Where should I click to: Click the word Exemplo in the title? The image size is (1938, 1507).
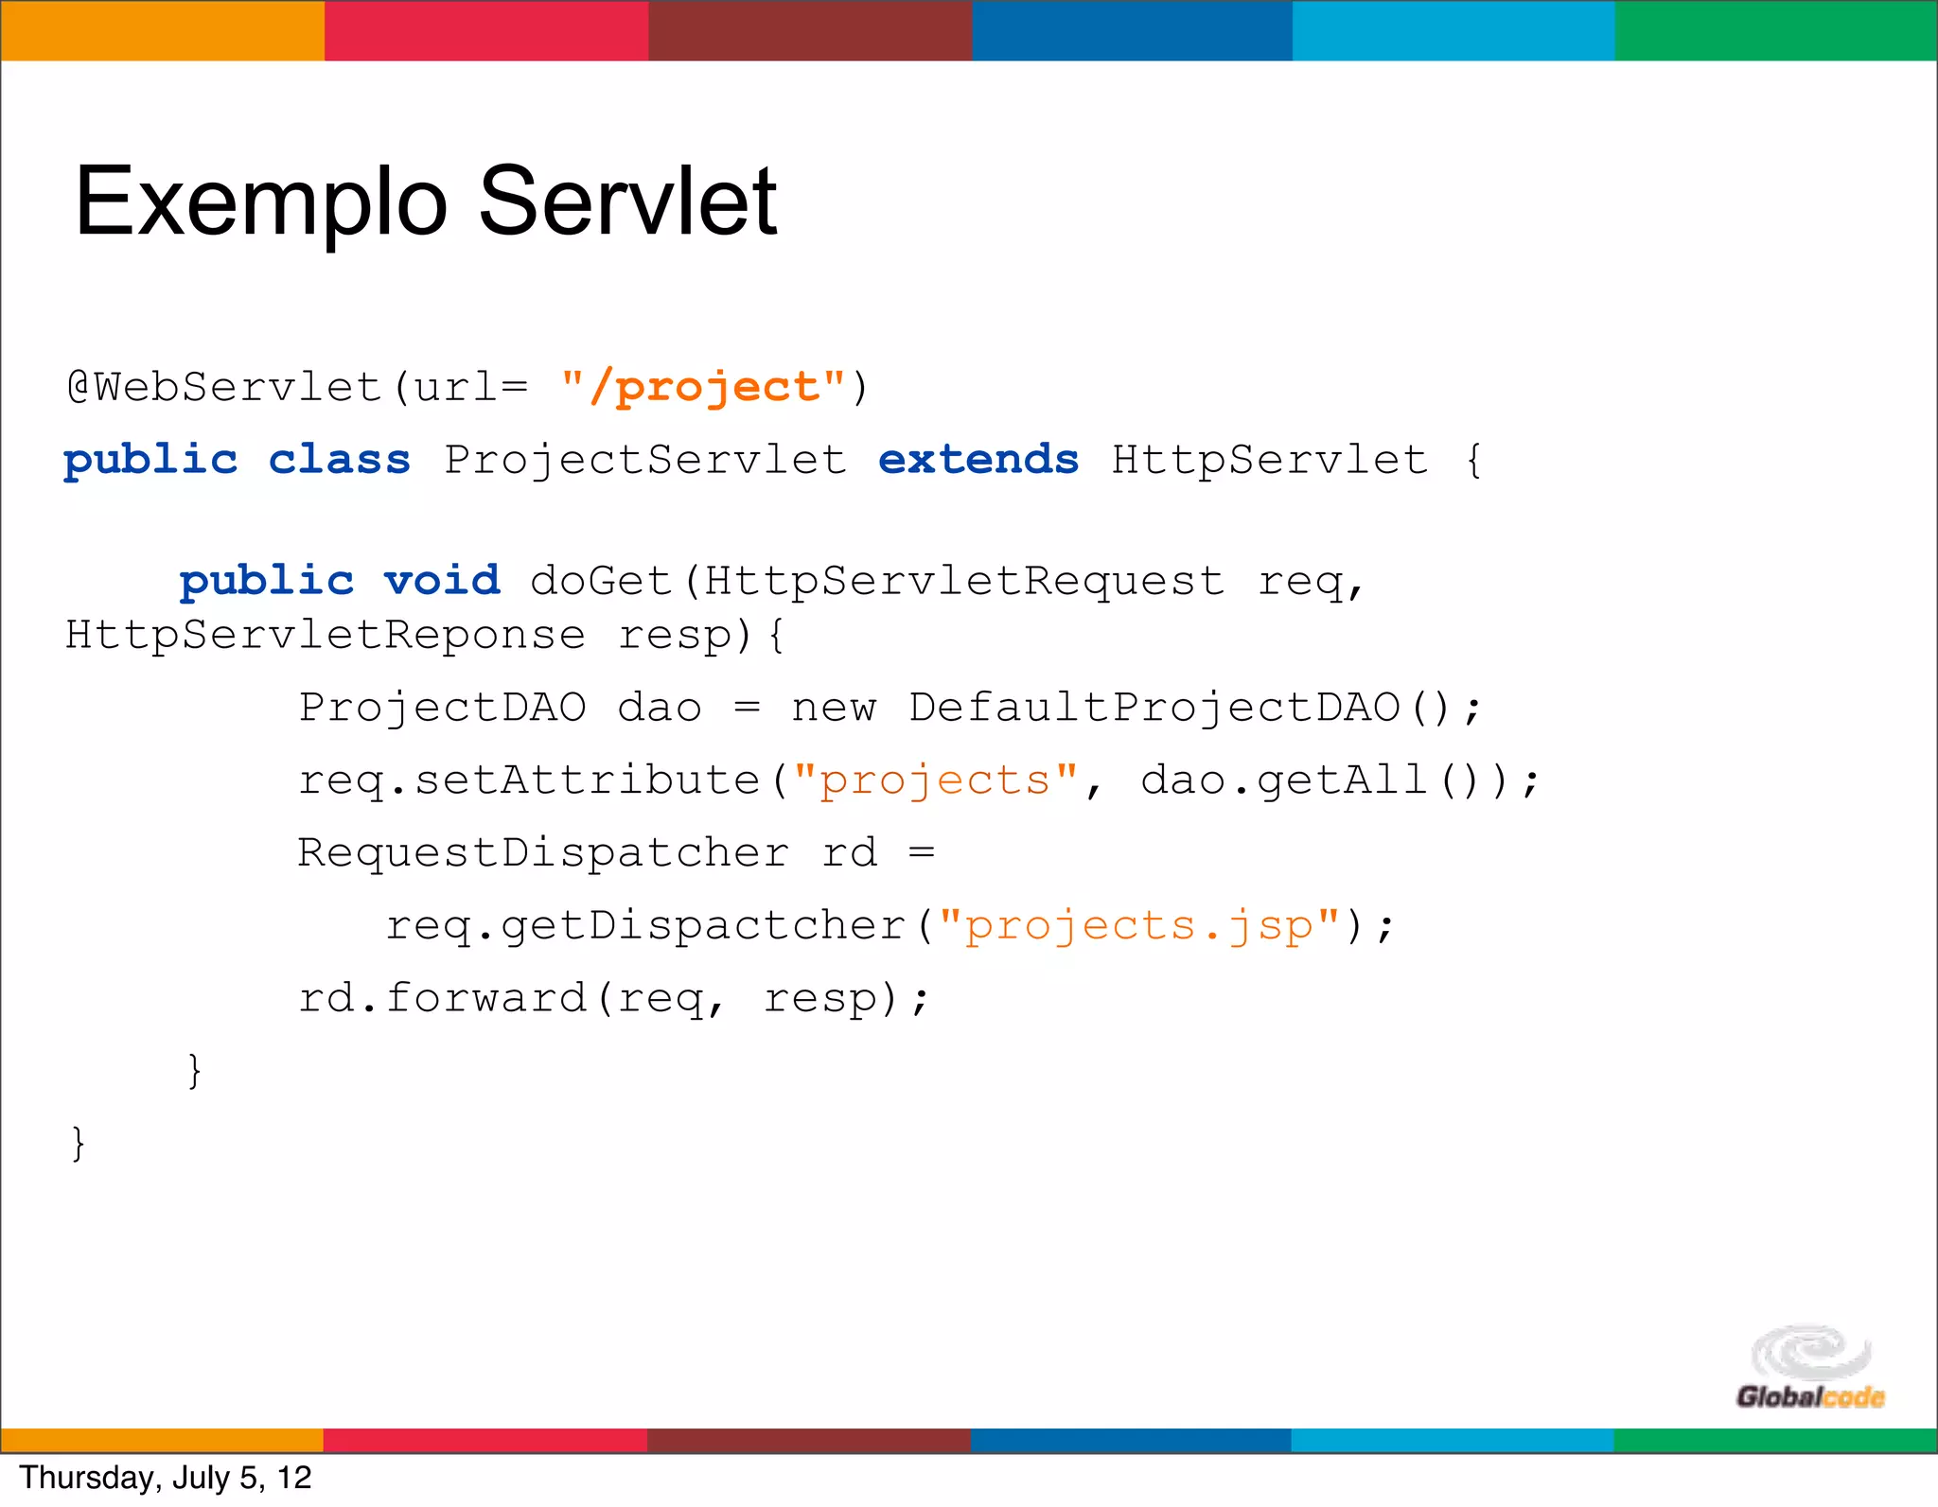[x=260, y=202]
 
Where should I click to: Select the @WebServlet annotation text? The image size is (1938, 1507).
[x=223, y=387]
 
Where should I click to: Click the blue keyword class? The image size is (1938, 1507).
[x=339, y=460]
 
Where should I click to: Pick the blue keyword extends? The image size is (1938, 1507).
[x=978, y=460]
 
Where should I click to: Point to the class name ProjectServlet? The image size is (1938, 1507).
[x=645, y=461]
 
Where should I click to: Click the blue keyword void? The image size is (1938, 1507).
[x=441, y=580]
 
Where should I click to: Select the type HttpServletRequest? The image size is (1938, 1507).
[x=964, y=580]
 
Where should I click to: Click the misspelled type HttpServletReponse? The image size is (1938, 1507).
[x=325, y=634]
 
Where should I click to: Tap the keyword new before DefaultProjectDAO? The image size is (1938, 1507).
[x=834, y=708]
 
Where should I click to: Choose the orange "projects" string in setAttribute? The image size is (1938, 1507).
[x=935, y=780]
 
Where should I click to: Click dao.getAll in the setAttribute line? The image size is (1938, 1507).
[x=1283, y=780]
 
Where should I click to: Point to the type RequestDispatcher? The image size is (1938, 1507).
[x=542, y=852]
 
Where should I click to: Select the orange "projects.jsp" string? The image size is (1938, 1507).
[x=1139, y=925]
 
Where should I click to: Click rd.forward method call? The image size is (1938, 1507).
[x=442, y=998]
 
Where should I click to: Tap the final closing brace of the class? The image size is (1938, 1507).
[x=79, y=1143]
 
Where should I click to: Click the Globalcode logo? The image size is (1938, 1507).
[x=1809, y=1367]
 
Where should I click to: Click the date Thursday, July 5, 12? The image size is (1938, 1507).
[x=166, y=1478]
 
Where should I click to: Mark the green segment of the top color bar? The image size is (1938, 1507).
[x=1775, y=30]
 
